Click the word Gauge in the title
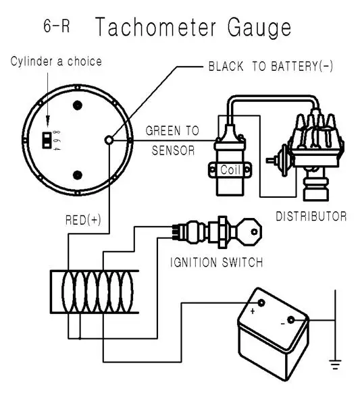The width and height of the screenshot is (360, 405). click(x=256, y=28)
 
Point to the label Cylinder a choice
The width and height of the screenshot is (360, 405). click(x=56, y=61)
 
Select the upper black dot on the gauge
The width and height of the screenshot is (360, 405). click(x=78, y=105)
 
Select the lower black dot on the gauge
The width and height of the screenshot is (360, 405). click(x=78, y=175)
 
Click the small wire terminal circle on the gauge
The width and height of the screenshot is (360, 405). click(x=109, y=140)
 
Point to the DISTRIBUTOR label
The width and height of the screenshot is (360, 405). click(x=311, y=217)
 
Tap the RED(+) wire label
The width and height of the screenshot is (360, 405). click(x=83, y=219)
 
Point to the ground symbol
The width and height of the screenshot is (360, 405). click(x=334, y=365)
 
